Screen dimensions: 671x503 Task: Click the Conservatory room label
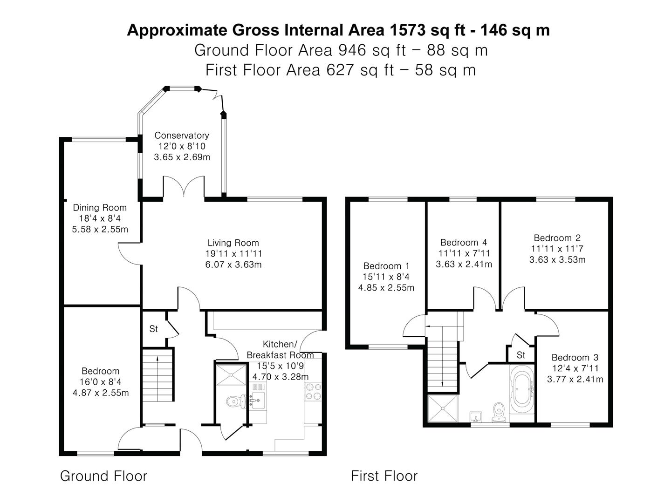182,135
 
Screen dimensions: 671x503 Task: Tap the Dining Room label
100,208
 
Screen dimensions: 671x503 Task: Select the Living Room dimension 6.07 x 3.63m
233,265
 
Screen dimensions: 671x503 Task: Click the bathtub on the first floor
522,389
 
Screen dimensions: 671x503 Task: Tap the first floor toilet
499,412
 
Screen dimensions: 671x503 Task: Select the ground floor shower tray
231,374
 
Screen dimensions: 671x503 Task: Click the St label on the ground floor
153,329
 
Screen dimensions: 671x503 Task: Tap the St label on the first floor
521,355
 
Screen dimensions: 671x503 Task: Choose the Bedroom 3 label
575,357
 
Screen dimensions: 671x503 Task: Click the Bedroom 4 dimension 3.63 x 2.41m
464,264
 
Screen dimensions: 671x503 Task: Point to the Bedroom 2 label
557,238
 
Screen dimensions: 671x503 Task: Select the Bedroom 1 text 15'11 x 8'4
386,277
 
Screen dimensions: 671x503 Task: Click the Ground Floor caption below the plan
103,476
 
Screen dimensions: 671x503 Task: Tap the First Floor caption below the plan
384,476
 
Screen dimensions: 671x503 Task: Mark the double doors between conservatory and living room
184,186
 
